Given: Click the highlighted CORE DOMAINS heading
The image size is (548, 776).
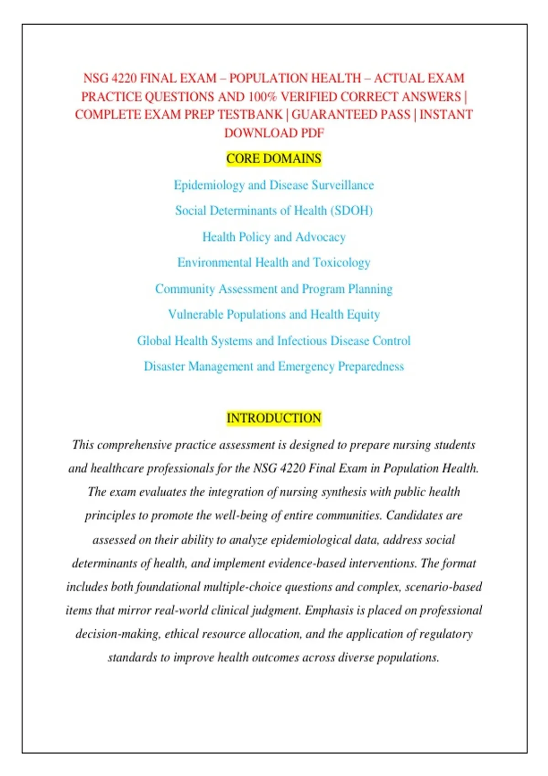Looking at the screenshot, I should pyautogui.click(x=274, y=158).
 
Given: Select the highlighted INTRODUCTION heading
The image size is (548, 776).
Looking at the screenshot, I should pyautogui.click(x=274, y=418).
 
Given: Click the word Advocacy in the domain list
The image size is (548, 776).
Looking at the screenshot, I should pyautogui.click(x=321, y=237).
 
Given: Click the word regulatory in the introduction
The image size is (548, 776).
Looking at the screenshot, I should pyautogui.click(x=446, y=634).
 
